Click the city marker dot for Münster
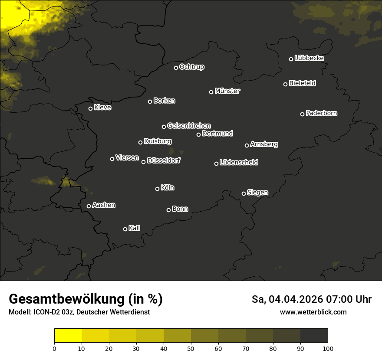click(x=211, y=92)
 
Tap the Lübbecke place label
click(x=309, y=59)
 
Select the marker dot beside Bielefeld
click(x=286, y=84)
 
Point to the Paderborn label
click(x=322, y=114)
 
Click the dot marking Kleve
click(x=91, y=108)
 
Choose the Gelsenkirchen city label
click(x=189, y=126)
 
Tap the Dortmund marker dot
click(x=199, y=134)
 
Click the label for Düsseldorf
click(x=164, y=161)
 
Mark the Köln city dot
click(x=158, y=189)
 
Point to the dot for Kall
click(x=125, y=229)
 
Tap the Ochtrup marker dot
click(x=176, y=68)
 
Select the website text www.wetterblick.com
click(x=313, y=312)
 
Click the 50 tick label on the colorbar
click(x=191, y=348)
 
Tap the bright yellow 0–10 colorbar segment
click(x=68, y=336)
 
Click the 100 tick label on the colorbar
click(x=328, y=348)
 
